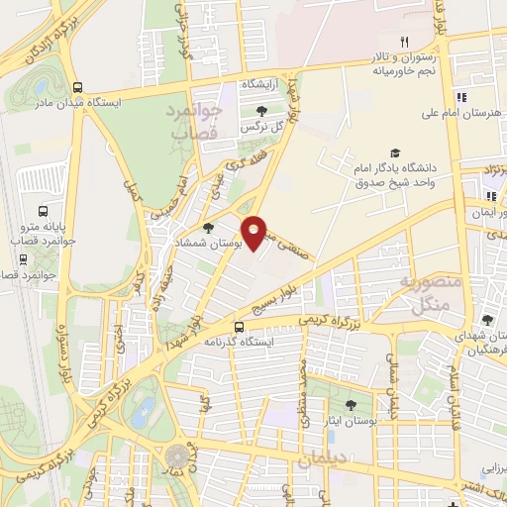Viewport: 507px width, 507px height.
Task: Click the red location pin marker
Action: tap(255, 232)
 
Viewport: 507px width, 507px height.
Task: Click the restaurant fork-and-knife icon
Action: tap(404, 42)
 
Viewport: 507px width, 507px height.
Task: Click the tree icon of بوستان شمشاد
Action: tap(207, 228)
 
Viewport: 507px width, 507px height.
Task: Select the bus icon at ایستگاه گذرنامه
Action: tap(239, 327)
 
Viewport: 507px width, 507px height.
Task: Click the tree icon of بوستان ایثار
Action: tap(351, 404)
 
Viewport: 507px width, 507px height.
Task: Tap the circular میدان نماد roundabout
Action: tap(177, 456)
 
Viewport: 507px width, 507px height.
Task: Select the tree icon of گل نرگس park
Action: tap(261, 112)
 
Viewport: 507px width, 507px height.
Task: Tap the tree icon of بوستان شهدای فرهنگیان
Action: tap(487, 319)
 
